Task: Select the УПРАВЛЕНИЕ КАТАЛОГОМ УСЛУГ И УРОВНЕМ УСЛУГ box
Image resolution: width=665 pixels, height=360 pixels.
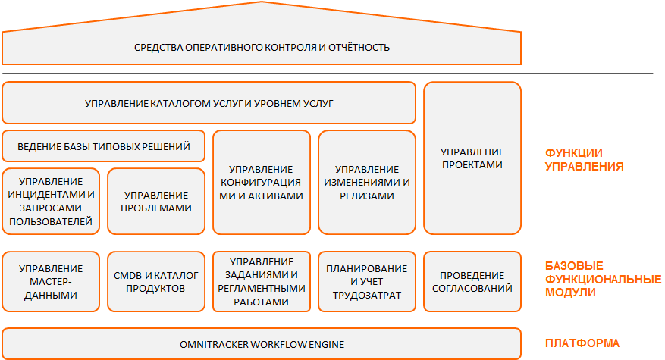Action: coord(209,103)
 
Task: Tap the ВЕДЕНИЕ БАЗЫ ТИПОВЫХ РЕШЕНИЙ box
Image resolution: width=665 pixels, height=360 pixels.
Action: coord(103,146)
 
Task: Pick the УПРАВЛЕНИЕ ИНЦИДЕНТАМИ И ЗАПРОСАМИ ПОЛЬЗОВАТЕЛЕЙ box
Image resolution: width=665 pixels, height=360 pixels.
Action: coord(51,202)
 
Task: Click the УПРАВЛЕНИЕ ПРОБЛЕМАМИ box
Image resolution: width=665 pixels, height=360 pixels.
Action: coord(156,202)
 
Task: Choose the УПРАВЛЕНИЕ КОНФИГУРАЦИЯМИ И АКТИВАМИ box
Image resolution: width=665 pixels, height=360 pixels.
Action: coord(262,183)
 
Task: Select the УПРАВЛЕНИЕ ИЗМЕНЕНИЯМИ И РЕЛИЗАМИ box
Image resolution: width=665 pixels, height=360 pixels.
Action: coord(367,183)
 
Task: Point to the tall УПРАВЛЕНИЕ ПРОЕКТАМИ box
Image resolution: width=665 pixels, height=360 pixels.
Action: coord(472,158)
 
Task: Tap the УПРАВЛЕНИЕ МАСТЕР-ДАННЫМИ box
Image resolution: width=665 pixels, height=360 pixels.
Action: coord(51,281)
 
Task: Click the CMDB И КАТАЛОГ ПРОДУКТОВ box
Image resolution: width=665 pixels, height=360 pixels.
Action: coord(156,281)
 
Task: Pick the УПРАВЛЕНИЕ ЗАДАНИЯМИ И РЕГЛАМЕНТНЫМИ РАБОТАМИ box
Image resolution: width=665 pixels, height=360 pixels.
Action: coord(262,281)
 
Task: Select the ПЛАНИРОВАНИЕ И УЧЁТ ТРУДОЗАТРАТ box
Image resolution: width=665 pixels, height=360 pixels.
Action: coord(367,281)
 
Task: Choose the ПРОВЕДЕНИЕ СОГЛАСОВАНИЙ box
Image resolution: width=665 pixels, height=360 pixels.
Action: coord(472,281)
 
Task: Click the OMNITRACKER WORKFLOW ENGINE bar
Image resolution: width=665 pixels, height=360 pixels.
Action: coord(262,344)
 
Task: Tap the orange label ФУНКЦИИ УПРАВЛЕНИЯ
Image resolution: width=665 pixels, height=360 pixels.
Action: coord(584,159)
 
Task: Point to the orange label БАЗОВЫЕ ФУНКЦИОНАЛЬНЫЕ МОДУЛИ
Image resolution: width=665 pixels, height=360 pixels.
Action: coord(603,279)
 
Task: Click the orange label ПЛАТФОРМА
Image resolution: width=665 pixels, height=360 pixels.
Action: coord(582,343)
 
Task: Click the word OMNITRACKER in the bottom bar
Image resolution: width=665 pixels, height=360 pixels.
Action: coord(214,344)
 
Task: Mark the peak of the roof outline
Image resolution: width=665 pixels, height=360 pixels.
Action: coord(262,2)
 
